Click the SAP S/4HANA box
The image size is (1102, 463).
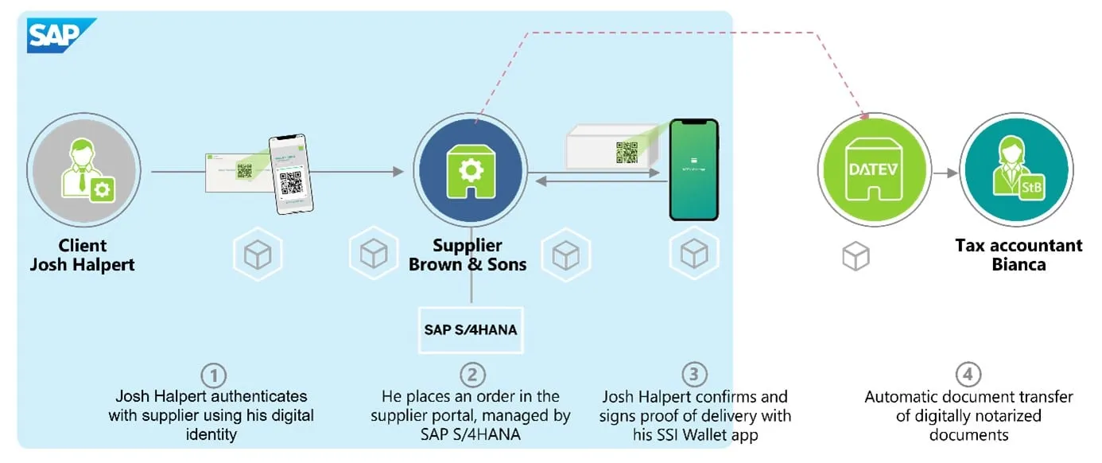pos(471,327)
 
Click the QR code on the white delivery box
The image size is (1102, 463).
pos(627,151)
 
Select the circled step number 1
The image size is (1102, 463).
pos(212,375)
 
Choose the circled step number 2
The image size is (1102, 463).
pos(471,375)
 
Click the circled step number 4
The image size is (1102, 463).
pos(968,375)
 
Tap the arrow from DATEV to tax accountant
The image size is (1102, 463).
pos(945,173)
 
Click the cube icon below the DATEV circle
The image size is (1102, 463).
pos(856,255)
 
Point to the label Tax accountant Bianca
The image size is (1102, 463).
pos(1019,255)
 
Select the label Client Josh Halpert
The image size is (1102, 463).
pos(82,255)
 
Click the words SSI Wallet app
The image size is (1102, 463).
pos(720,435)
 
